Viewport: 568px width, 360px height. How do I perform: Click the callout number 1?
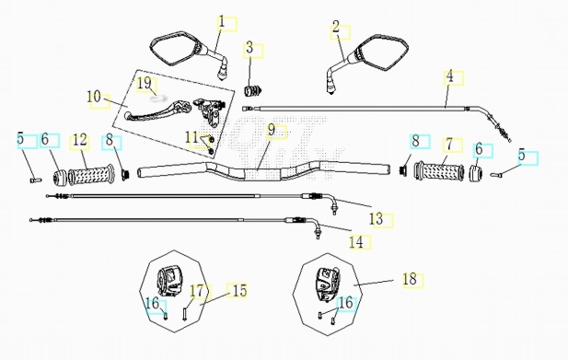pyautogui.click(x=222, y=22)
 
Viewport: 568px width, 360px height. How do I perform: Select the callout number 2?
pyautogui.click(x=336, y=27)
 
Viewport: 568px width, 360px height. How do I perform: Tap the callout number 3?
pyautogui.click(x=249, y=48)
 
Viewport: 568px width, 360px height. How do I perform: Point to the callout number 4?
pyautogui.click(x=449, y=76)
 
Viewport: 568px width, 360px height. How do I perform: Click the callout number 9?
pyautogui.click(x=272, y=130)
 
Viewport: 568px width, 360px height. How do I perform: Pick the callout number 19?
pyautogui.click(x=145, y=83)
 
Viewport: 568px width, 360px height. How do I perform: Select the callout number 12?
pyautogui.click(x=80, y=140)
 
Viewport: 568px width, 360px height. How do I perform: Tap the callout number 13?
pyautogui.click(x=376, y=219)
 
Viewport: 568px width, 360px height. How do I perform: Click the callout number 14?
pyautogui.click(x=356, y=242)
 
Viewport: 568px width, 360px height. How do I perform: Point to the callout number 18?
pyautogui.click(x=410, y=279)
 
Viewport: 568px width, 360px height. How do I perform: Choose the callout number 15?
pyautogui.click(x=239, y=290)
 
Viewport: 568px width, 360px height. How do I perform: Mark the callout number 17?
pyautogui.click(x=197, y=291)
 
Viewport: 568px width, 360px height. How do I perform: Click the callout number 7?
pyautogui.click(x=449, y=145)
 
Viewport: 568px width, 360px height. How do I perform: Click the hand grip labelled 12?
pyautogui.click(x=91, y=175)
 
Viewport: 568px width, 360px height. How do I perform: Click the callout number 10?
pyautogui.click(x=94, y=97)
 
